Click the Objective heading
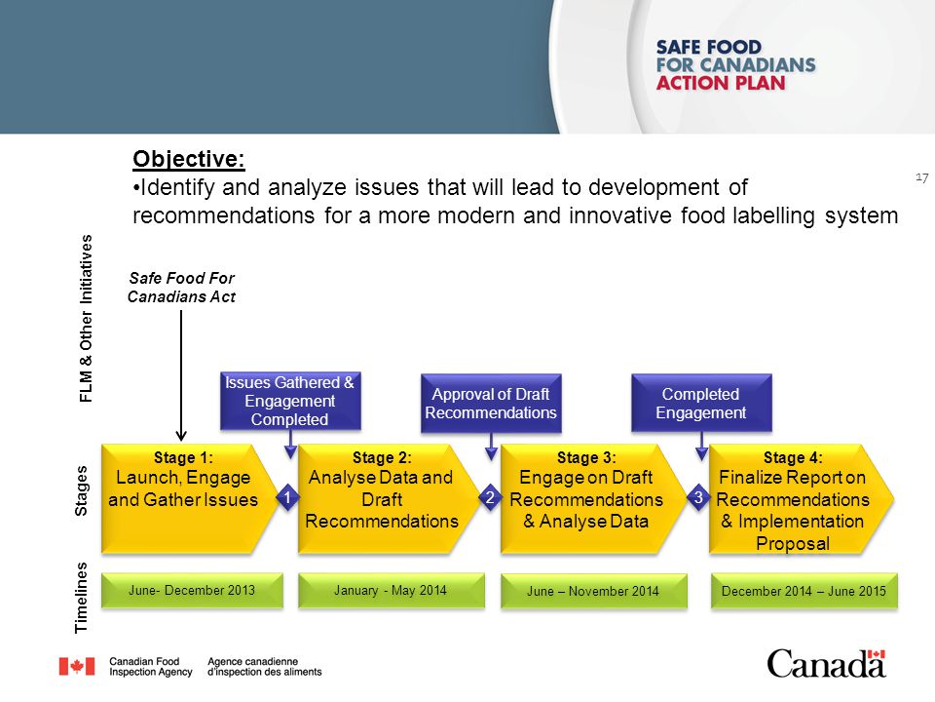(189, 159)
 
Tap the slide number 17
(921, 176)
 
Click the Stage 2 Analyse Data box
(381, 498)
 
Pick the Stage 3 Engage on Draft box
(585, 498)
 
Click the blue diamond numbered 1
(287, 498)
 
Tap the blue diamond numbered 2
(490, 498)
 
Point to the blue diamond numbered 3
(698, 497)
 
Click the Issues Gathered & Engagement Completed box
(289, 401)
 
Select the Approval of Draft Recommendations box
(491, 403)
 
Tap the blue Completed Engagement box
(700, 403)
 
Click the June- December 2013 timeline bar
(192, 589)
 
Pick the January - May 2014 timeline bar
(390, 590)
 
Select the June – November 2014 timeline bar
(592, 591)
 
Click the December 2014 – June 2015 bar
(804, 591)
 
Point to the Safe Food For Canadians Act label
(182, 288)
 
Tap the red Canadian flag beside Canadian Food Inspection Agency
(77, 666)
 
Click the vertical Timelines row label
(82, 599)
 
